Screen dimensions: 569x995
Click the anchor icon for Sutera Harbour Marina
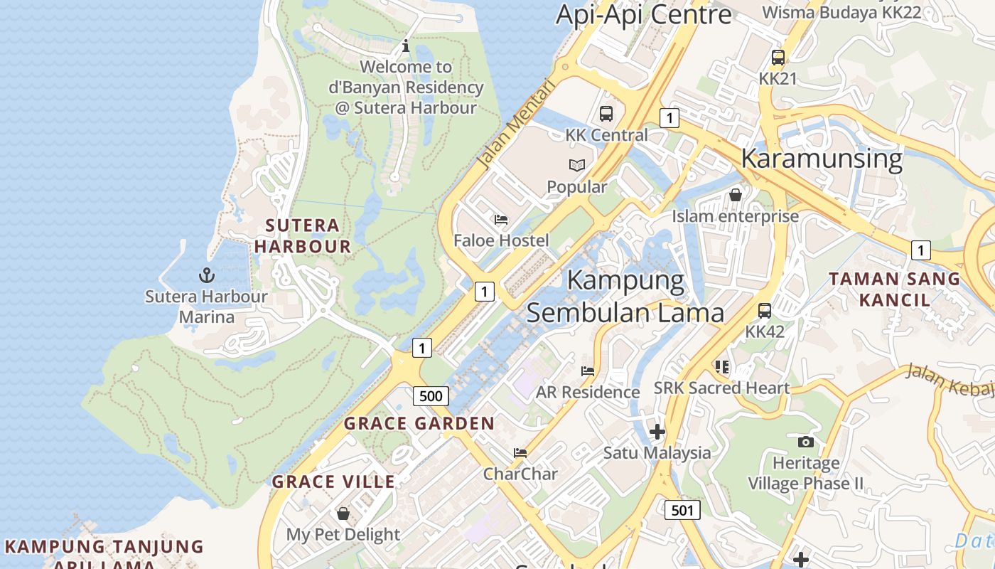[206, 275]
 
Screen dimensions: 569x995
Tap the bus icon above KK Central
[606, 113]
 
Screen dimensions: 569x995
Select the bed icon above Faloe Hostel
[501, 220]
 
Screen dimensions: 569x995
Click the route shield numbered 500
[430, 396]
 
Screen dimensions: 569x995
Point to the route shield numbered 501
[682, 509]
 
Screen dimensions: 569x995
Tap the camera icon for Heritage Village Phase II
[805, 442]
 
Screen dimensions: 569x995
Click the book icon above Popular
[577, 166]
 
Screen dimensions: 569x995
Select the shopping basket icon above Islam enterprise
[736, 194]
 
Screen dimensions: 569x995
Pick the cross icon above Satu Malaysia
[657, 431]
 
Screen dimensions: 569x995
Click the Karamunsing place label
[822, 158]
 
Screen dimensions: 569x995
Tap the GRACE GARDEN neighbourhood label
[419, 424]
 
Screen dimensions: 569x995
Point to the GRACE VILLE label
[334, 482]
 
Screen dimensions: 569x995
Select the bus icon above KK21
[778, 58]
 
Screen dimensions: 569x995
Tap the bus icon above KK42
[765, 311]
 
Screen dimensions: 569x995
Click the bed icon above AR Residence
[588, 371]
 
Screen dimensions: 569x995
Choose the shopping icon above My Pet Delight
[343, 514]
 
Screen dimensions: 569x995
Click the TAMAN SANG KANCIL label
[894, 289]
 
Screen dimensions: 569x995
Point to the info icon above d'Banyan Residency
[406, 46]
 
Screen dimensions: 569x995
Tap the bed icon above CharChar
[520, 452]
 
